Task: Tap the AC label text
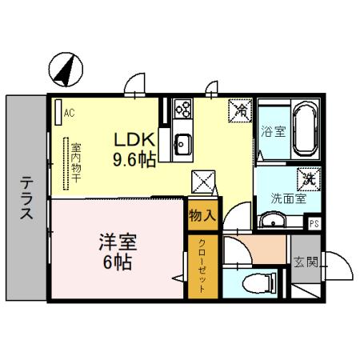click(70, 113)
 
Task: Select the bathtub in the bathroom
click(305, 130)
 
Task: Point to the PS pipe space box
click(314, 223)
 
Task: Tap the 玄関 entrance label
click(306, 261)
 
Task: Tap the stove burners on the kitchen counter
click(182, 110)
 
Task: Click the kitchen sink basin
click(182, 145)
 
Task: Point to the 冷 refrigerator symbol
click(239, 110)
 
